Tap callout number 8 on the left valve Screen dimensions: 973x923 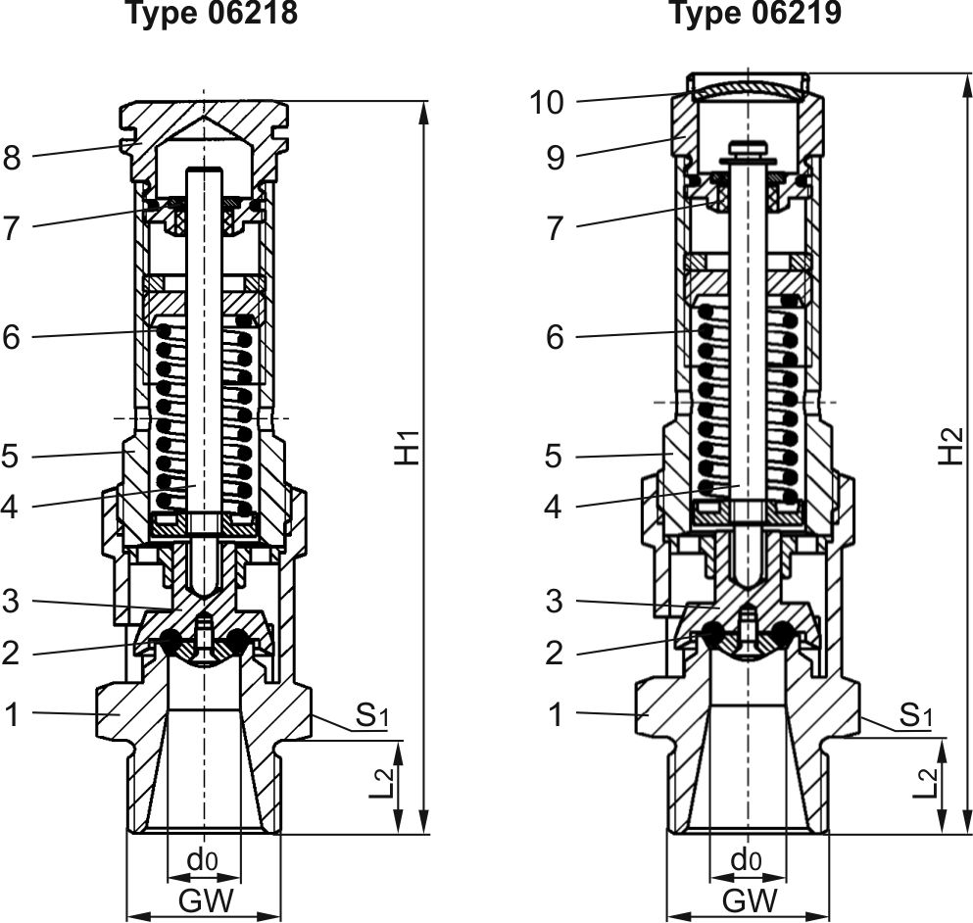pyautogui.click(x=11, y=158)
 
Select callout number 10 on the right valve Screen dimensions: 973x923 pyautogui.click(x=547, y=103)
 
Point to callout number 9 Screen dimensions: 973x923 pyautogui.click(x=556, y=158)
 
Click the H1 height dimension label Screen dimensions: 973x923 pyautogui.click(x=408, y=447)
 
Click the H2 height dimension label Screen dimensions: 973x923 pyautogui.click(x=950, y=446)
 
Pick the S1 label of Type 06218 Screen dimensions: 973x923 pyautogui.click(x=372, y=715)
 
